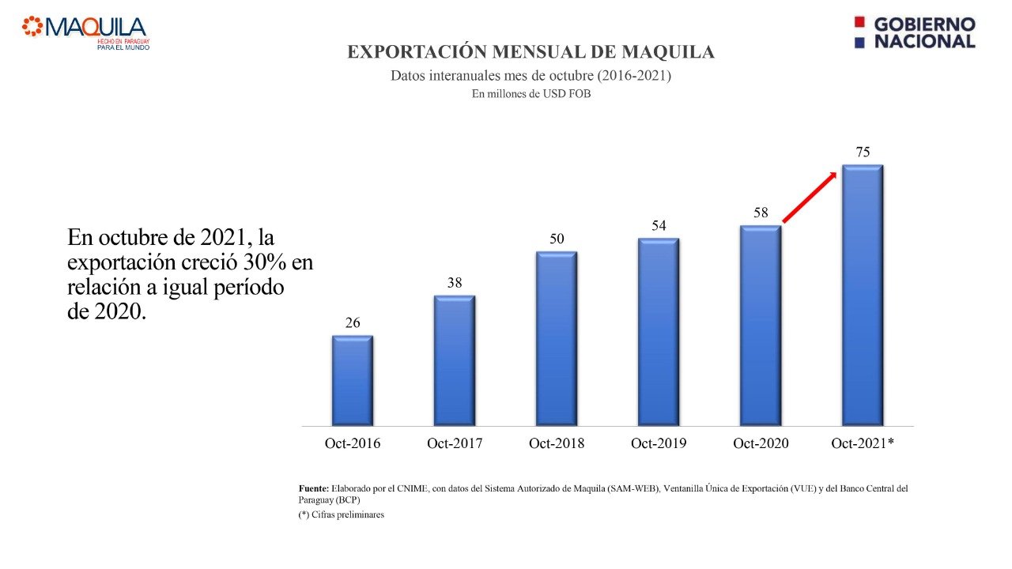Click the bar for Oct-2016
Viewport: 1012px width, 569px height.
(x=352, y=381)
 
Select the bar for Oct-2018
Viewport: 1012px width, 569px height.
(x=556, y=339)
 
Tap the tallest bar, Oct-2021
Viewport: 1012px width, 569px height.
(x=862, y=296)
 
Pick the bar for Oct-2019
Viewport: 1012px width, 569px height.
(x=659, y=332)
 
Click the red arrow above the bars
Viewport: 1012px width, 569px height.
(x=809, y=198)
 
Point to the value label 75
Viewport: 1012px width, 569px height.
(x=863, y=153)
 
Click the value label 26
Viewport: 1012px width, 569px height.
(x=353, y=322)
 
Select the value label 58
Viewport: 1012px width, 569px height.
(x=761, y=213)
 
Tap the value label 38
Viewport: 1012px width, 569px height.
(x=454, y=283)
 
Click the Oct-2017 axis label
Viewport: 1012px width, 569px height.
(x=455, y=443)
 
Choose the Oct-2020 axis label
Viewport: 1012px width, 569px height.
(x=761, y=443)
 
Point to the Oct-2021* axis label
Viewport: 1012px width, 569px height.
(x=863, y=443)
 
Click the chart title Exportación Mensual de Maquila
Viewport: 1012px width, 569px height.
(x=531, y=52)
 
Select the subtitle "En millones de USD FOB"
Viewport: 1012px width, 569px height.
(x=531, y=93)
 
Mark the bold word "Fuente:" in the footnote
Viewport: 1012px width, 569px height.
(x=313, y=488)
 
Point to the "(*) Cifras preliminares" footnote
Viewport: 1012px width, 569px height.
(x=341, y=515)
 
